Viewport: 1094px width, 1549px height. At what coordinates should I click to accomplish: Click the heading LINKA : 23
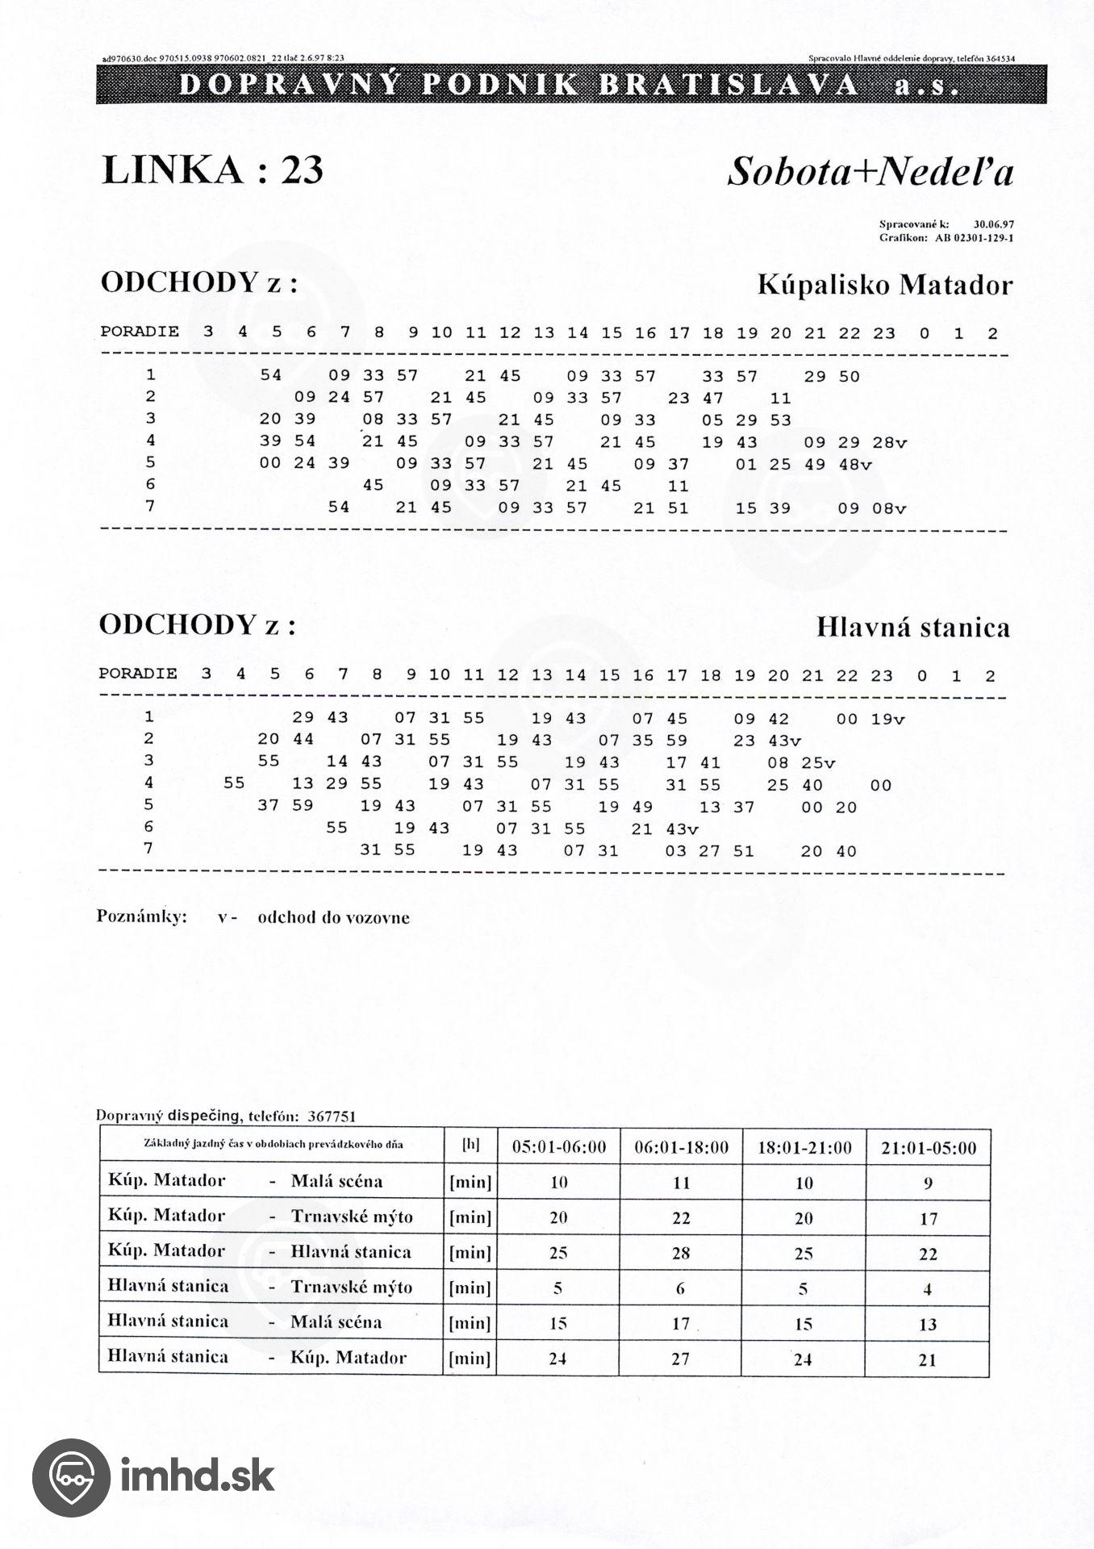tap(212, 170)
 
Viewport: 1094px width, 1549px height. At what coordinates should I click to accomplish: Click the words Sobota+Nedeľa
tap(870, 172)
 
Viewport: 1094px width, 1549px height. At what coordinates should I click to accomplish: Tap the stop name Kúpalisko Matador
tap(884, 285)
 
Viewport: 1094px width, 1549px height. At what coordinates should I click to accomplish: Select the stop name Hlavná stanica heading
tap(912, 627)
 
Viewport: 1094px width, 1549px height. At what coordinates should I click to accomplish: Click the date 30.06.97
tap(993, 225)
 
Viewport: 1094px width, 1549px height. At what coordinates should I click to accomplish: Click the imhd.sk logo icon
tap(70, 1476)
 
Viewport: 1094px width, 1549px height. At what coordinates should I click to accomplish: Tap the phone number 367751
tap(332, 1117)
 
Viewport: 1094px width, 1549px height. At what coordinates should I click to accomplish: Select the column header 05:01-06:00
tap(558, 1147)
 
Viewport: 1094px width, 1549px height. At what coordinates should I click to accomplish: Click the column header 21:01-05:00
tap(928, 1147)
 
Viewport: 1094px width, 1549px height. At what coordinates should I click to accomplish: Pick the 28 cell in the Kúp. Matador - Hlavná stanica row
tap(681, 1253)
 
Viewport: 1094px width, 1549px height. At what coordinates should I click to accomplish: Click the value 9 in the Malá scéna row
tap(928, 1183)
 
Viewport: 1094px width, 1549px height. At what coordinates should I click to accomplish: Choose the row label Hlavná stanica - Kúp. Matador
tap(257, 1357)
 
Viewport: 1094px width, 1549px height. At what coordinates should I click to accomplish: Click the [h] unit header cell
tap(470, 1145)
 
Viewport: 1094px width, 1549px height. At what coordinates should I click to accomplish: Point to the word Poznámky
tap(142, 916)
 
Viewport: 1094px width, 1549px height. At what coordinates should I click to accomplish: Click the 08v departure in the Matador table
tap(889, 509)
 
